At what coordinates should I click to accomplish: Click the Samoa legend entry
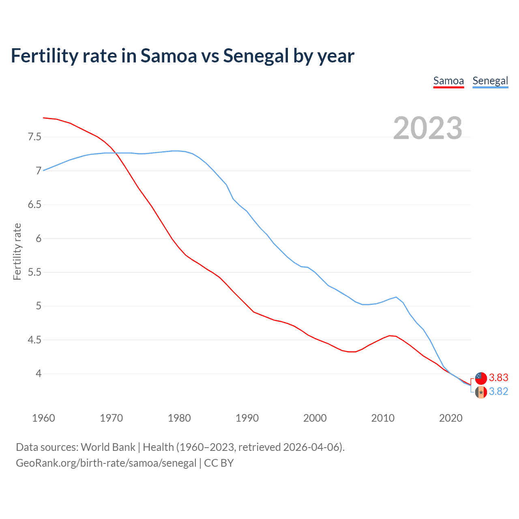click(x=448, y=81)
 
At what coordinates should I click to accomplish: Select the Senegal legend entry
click(x=490, y=81)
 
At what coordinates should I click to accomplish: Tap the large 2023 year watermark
click(x=428, y=128)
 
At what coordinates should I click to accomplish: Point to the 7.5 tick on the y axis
click(x=34, y=137)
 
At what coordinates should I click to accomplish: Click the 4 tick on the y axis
click(x=39, y=373)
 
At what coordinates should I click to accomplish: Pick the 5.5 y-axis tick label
click(x=34, y=272)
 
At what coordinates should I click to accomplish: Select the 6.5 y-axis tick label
click(x=34, y=204)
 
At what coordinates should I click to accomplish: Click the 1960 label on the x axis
click(x=43, y=418)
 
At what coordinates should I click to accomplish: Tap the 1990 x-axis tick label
click(x=247, y=418)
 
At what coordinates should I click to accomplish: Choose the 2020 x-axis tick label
click(x=450, y=418)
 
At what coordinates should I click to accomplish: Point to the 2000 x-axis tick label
click(x=315, y=418)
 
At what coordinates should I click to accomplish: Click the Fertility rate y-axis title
click(x=17, y=251)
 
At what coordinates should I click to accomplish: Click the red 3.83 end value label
click(x=498, y=378)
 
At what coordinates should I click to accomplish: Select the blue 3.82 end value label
click(x=498, y=392)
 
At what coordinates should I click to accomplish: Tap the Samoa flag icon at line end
click(x=481, y=378)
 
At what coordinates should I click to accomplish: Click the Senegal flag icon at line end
click(x=481, y=392)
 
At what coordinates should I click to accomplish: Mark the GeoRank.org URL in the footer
click(x=106, y=463)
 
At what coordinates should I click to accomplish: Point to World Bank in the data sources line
click(x=108, y=447)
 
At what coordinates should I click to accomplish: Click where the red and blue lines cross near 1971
click(x=116, y=153)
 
